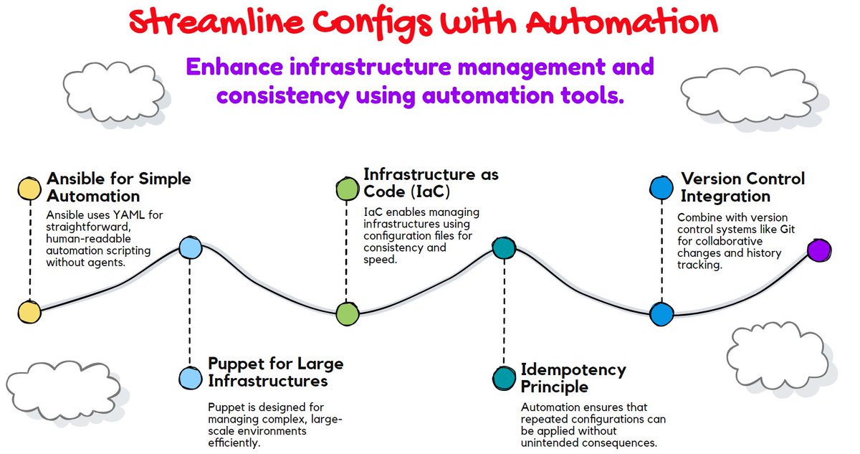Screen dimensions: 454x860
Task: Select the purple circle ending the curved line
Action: (x=818, y=250)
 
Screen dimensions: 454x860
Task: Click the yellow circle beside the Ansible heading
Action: (x=29, y=189)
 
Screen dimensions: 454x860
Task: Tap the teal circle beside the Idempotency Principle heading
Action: (x=505, y=378)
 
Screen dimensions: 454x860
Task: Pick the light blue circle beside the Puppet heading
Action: (x=190, y=377)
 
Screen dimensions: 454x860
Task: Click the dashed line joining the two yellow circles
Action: (x=29, y=251)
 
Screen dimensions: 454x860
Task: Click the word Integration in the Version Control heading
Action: (x=725, y=196)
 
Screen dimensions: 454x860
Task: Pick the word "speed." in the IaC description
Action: (x=381, y=260)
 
